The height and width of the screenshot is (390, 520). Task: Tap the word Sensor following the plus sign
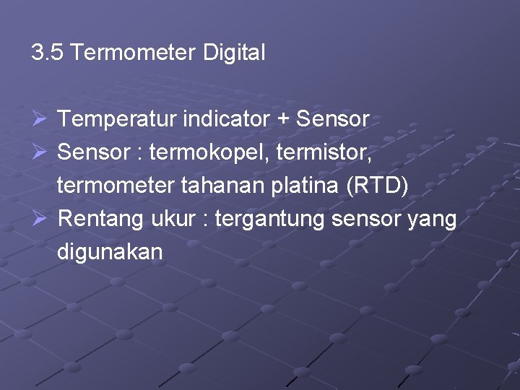point(333,119)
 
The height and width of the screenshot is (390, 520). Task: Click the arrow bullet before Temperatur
point(40,119)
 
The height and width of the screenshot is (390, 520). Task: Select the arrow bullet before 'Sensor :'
point(40,152)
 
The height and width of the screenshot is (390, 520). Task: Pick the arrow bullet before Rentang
point(40,219)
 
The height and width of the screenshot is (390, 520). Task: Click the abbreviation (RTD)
point(377,186)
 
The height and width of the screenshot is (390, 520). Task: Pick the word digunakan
point(110,253)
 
